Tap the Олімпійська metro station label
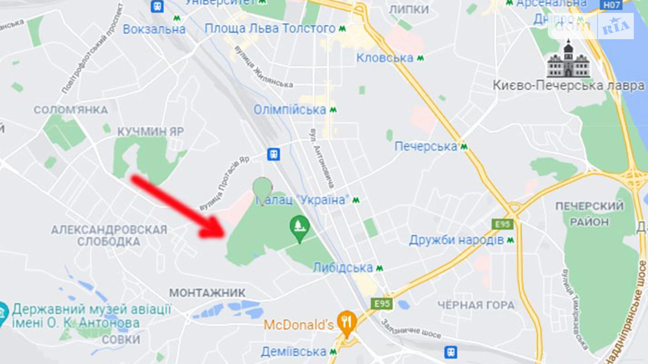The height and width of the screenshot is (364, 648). click(x=290, y=110)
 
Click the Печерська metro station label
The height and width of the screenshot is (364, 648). click(x=426, y=146)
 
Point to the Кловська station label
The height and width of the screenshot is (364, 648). click(x=385, y=58)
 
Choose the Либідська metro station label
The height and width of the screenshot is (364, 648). click(x=343, y=268)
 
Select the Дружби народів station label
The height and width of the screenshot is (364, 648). click(x=456, y=240)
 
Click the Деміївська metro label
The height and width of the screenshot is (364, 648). click(x=294, y=351)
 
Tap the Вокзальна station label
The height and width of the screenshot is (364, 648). click(x=154, y=29)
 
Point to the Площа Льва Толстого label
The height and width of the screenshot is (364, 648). click(x=270, y=28)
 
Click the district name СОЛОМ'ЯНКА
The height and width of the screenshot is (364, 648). click(x=71, y=110)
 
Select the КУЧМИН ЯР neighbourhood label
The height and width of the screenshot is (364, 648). click(x=150, y=132)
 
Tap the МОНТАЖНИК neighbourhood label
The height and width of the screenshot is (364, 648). click(x=207, y=293)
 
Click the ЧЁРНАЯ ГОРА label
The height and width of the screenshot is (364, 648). click(x=476, y=305)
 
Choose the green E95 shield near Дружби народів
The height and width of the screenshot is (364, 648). click(x=502, y=224)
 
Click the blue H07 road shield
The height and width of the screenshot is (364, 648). click(x=612, y=5)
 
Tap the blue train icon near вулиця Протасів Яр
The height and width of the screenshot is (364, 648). click(x=274, y=154)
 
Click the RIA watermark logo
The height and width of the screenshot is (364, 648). click(x=616, y=26)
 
